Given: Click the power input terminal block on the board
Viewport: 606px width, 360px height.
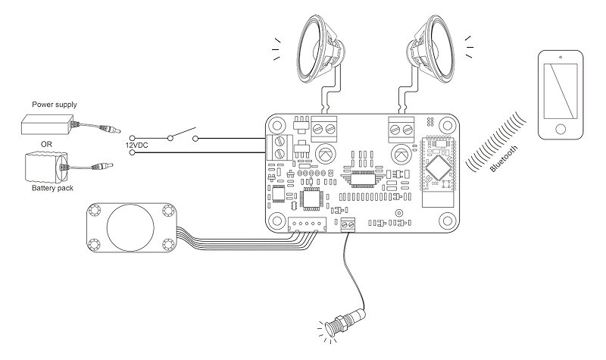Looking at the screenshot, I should tap(280, 148).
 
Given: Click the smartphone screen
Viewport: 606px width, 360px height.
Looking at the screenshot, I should tap(561, 86).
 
